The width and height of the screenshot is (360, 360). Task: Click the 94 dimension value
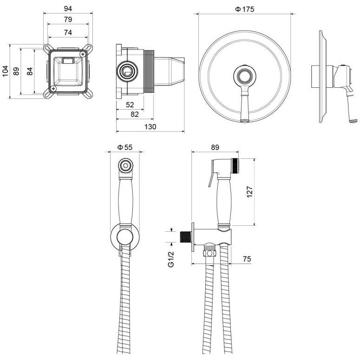point(68,9)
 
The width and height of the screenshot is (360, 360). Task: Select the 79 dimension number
point(68,20)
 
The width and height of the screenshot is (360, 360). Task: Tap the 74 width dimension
point(68,33)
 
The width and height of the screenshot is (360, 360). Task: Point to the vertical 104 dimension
point(5,71)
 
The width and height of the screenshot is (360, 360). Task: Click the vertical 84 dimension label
point(30,71)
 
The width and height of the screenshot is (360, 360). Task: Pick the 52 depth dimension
point(130,105)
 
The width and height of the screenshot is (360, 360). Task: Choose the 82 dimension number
point(135,114)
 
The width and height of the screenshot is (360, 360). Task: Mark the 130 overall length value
point(150,126)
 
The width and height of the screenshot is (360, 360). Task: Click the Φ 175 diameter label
point(245,9)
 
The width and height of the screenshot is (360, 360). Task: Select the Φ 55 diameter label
point(125,147)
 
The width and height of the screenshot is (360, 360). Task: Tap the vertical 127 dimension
point(249,192)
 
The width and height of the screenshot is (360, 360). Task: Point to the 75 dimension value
point(247,259)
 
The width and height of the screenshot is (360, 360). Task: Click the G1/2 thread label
point(171,259)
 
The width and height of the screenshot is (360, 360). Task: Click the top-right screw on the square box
point(83,54)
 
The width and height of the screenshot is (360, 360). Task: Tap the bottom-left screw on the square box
point(53,88)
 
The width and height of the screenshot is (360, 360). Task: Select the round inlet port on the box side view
point(127,71)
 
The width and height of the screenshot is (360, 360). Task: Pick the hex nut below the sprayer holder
point(209,253)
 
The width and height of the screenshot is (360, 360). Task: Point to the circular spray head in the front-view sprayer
point(125,165)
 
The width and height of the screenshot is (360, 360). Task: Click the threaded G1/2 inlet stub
point(185,237)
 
